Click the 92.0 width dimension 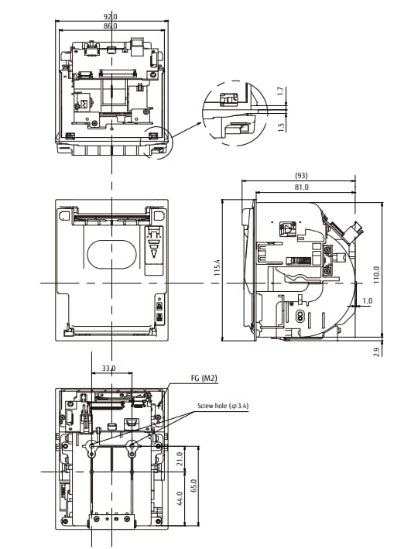click(x=111, y=16)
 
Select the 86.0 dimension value click(x=111, y=26)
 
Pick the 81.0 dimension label click(x=302, y=187)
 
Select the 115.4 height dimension click(x=218, y=267)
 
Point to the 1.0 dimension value click(x=367, y=300)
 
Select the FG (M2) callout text click(x=204, y=379)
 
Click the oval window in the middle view click(x=111, y=253)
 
